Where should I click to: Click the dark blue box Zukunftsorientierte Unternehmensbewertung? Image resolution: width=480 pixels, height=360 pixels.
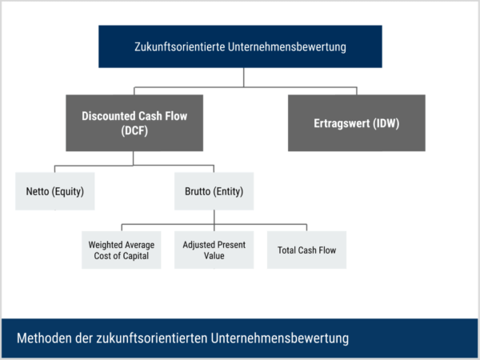240,46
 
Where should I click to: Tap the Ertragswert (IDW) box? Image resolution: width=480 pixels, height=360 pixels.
346,123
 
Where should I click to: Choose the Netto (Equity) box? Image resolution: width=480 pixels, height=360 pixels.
54,192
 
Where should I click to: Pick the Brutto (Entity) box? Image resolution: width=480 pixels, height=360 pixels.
214,192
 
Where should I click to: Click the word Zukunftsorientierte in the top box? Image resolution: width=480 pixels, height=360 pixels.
182,46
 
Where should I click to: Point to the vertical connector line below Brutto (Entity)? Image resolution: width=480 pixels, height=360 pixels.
214,218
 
